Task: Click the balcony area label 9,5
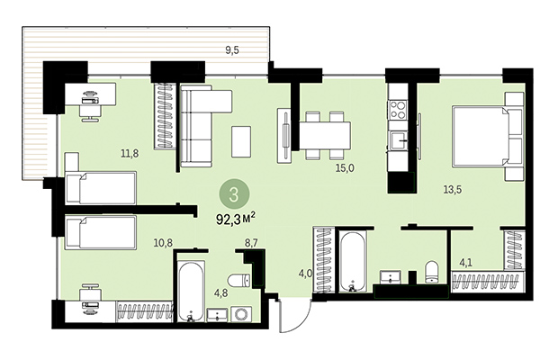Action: (231, 51)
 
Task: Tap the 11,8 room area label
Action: (130, 153)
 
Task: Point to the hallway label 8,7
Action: (251, 243)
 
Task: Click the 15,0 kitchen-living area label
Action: (346, 167)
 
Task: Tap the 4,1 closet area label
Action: (466, 264)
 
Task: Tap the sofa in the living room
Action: (200, 129)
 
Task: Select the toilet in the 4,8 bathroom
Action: (238, 280)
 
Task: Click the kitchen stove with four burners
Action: (399, 110)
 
